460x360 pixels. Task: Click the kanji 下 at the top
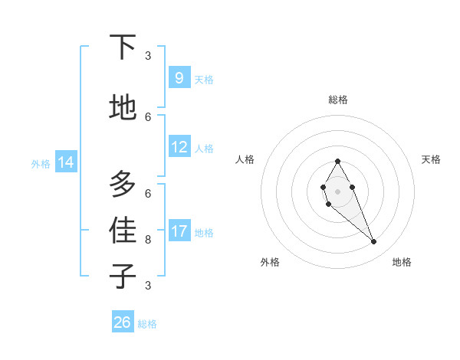(123, 47)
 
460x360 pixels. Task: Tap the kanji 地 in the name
(123, 108)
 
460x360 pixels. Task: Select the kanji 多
(123, 184)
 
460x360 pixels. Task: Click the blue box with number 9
(179, 78)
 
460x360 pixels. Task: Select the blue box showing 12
(179, 148)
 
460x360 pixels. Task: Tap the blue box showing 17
(179, 231)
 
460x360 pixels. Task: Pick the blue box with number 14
(66, 162)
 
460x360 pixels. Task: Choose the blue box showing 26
(123, 322)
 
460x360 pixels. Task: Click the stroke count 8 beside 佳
(148, 239)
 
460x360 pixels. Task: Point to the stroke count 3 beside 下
(148, 55)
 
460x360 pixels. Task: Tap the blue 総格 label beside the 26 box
(147, 324)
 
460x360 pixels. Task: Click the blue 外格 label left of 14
(41, 163)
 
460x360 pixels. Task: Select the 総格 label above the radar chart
(338, 100)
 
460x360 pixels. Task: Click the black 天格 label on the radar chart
(431, 159)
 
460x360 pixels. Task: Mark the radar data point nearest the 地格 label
(374, 242)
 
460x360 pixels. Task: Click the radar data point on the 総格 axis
(337, 162)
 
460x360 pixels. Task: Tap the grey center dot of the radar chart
(337, 191)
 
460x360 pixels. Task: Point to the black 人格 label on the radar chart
(245, 159)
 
